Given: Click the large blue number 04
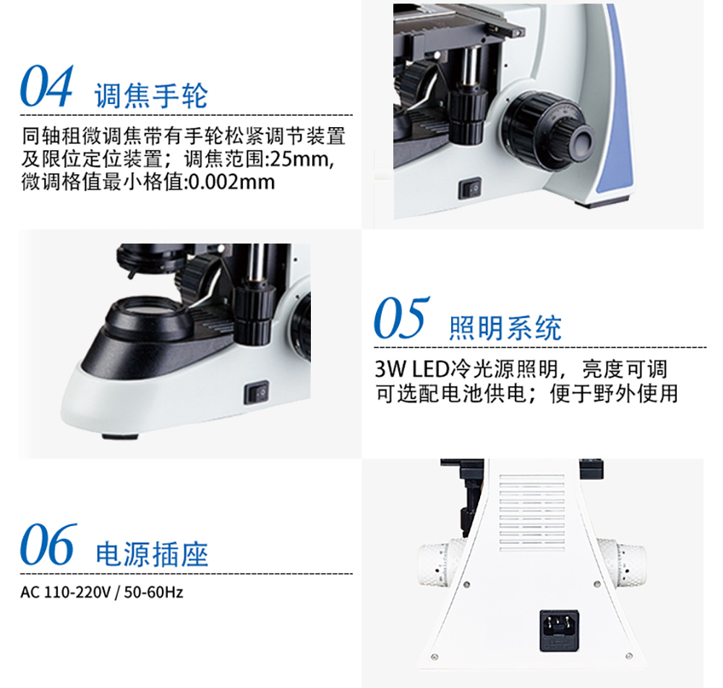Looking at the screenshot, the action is pos(46,86).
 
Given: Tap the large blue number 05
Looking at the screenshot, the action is pos(401,317).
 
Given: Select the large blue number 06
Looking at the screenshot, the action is pos(48,543).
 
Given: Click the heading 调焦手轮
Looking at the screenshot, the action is pos(151,96).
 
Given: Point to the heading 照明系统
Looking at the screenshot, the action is pos(505,328).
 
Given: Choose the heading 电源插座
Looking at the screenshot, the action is pos(152,554).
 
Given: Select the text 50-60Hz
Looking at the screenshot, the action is pos(153,592).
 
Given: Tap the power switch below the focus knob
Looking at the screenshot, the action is pos(470,189).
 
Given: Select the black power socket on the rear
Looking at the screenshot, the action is pos(560,631).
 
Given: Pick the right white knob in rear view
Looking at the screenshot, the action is pos(622,563).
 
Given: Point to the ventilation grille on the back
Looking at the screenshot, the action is pos(532,512).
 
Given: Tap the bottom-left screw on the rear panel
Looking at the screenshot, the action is pos(435,657).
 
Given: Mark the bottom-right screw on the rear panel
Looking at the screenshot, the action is pos(629,655).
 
